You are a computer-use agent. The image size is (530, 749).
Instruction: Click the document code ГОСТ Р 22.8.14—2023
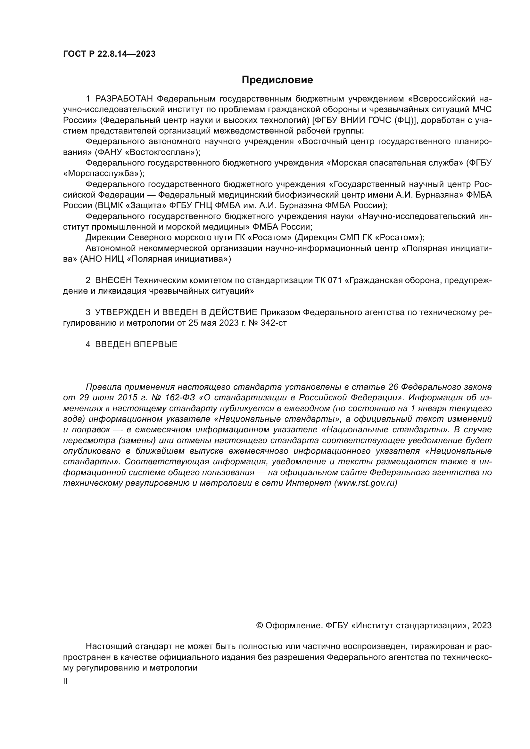(109, 54)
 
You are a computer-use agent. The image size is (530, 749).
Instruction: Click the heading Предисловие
(277, 80)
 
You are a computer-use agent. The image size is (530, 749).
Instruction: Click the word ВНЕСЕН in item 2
(113, 280)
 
